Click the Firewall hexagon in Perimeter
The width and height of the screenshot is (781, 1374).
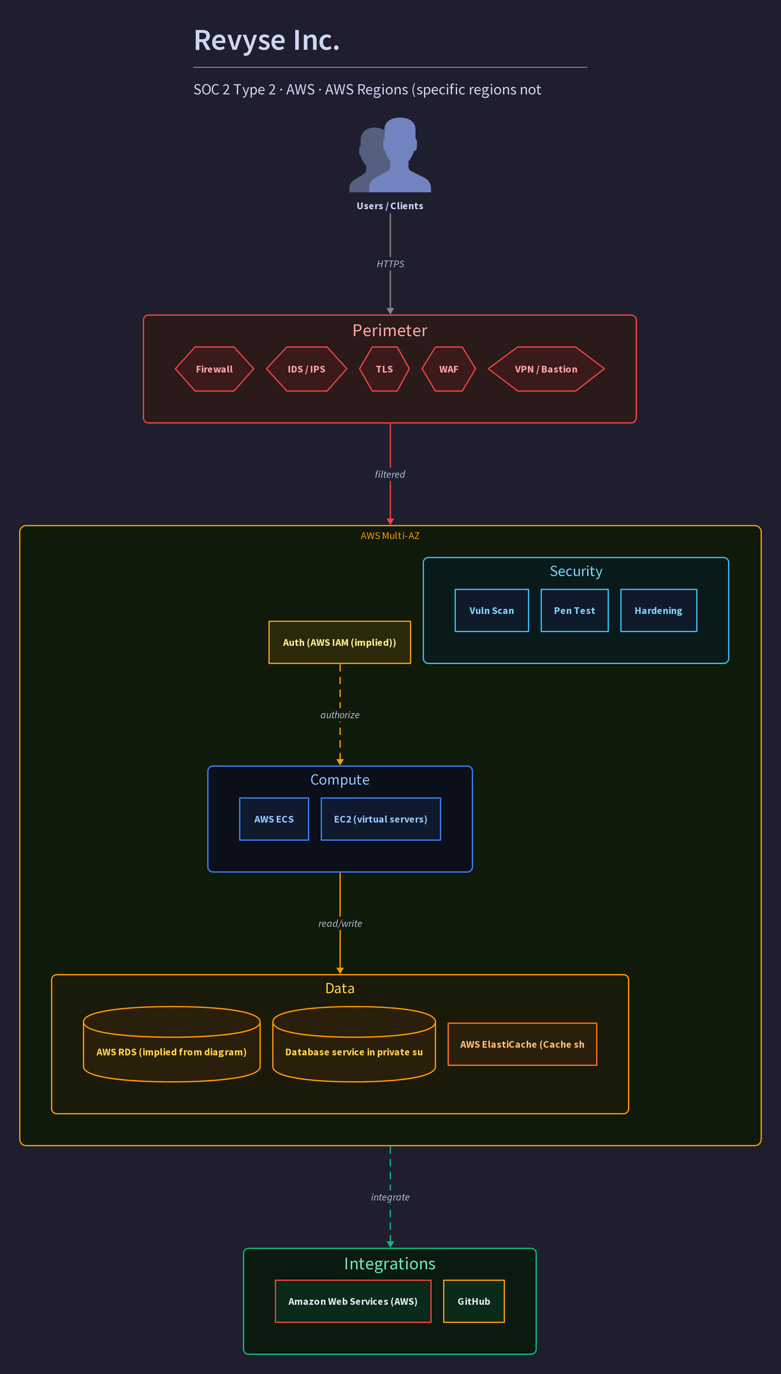point(214,369)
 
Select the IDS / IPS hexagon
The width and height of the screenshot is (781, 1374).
point(306,369)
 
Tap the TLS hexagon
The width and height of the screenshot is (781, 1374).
point(384,369)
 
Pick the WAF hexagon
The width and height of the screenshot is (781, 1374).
point(449,369)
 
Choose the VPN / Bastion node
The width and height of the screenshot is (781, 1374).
point(546,369)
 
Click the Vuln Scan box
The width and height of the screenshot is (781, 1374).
point(491,610)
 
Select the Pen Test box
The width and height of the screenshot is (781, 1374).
point(574,610)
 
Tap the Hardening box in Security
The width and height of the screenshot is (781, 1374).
point(659,610)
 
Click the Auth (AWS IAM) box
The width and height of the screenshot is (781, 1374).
point(339,642)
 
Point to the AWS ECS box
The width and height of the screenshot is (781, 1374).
point(274,819)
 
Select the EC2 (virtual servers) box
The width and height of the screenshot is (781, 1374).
point(381,819)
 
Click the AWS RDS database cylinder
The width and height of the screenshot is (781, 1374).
point(172,1044)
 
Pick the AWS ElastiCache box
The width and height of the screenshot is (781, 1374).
point(522,1044)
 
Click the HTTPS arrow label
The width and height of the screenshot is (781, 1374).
point(390,264)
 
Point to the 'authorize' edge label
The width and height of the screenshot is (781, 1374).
point(340,715)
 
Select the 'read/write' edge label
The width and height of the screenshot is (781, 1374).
point(340,923)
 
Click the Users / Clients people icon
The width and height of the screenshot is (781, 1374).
point(390,155)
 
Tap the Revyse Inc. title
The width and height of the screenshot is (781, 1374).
point(266,40)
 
